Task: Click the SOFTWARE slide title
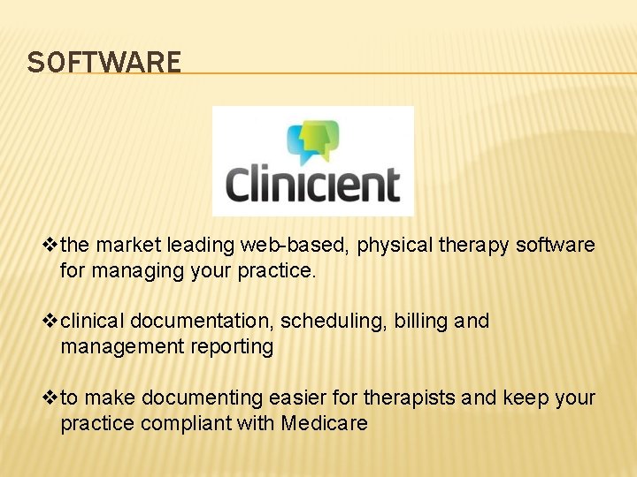coord(104,63)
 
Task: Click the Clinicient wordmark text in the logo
coord(312,185)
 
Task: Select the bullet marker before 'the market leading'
coord(50,245)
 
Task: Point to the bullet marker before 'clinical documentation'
coord(50,321)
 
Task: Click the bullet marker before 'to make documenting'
coord(50,398)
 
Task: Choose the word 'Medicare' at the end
coord(324,423)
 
